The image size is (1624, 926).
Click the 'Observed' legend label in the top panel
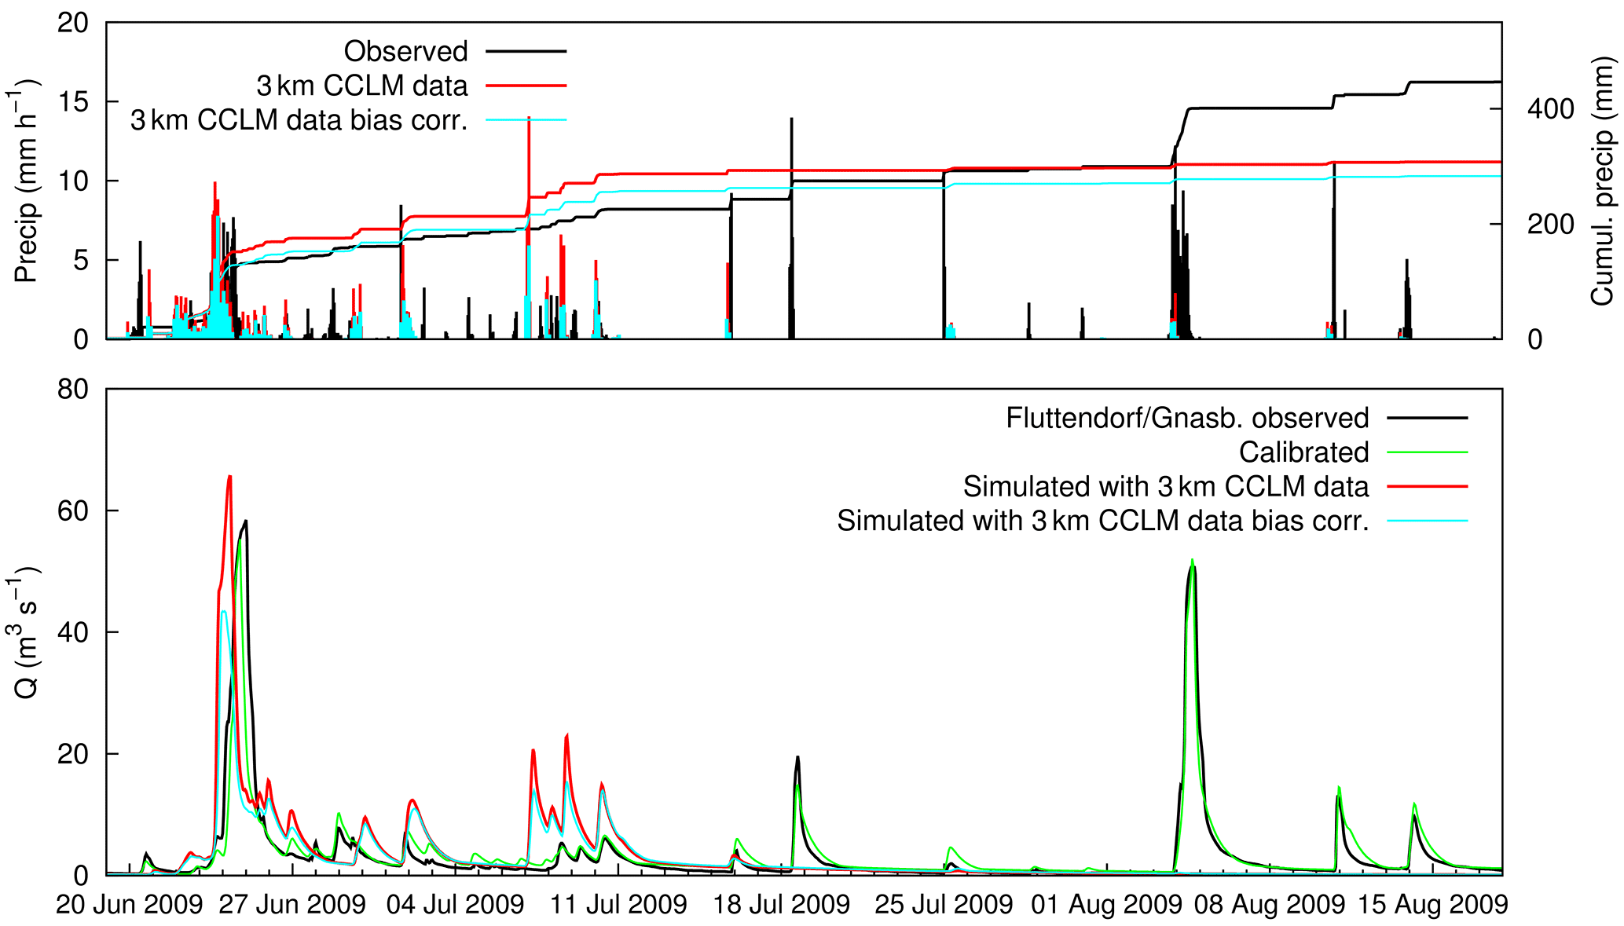point(405,52)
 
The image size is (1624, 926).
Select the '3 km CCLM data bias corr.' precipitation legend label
point(299,120)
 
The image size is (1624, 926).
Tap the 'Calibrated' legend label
point(1303,452)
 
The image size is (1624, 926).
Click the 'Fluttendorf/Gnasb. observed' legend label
point(1187,418)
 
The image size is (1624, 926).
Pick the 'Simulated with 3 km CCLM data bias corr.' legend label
point(1102,521)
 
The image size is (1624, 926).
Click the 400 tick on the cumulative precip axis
point(1550,109)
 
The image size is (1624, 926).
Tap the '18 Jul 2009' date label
point(781,905)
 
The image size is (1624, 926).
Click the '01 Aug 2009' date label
point(1107,905)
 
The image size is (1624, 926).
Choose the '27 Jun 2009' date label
point(292,905)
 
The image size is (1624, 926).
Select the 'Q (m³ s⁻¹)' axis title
point(27,632)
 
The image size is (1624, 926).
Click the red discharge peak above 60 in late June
point(229,477)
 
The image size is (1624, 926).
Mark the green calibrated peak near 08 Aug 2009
point(1192,561)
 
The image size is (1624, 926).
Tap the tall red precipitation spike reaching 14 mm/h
point(529,118)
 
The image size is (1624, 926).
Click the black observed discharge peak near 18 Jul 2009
point(797,758)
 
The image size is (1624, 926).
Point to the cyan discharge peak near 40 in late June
point(224,612)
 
